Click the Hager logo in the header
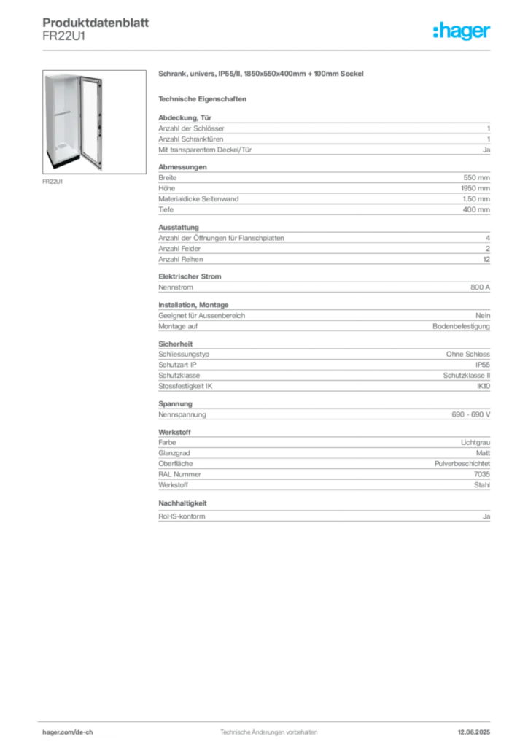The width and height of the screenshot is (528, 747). coord(462,31)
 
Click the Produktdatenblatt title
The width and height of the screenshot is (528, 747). coord(96,23)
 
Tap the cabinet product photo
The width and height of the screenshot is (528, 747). coord(94,122)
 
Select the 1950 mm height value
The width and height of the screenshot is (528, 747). coord(475,188)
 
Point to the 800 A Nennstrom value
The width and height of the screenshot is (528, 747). coord(480,287)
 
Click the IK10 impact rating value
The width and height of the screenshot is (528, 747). coord(484,386)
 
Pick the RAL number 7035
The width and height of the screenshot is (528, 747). coord(482,474)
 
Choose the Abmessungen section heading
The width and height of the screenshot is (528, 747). coord(182,167)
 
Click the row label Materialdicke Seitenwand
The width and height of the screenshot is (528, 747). coord(198,198)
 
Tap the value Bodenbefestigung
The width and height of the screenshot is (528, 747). coord(462,326)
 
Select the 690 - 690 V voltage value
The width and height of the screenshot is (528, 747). coord(471,414)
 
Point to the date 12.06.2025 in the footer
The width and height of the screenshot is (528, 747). coord(474,732)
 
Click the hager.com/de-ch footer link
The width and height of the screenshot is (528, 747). coord(68,732)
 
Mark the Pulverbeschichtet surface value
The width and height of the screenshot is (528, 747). coord(462,463)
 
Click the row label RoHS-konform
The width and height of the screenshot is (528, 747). coord(182,516)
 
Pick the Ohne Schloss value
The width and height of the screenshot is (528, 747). coord(468,354)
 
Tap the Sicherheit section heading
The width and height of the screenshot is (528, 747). coord(175,344)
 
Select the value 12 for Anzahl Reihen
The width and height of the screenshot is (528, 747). coord(486,259)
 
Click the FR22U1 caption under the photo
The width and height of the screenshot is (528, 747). coord(53,182)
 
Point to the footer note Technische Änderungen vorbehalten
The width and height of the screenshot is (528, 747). coord(268,732)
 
